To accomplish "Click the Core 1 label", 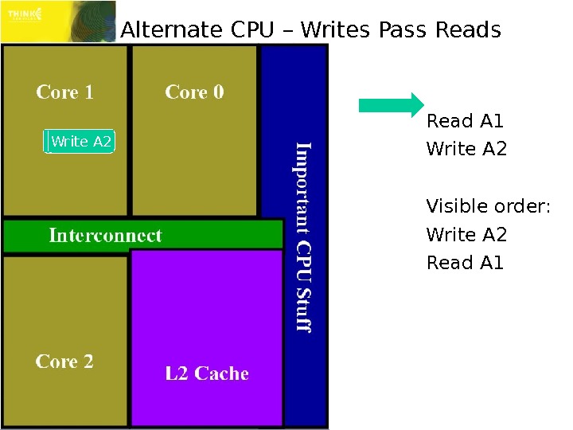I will click(64, 92).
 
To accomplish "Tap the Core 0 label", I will click(194, 92).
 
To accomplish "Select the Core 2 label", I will click(64, 362).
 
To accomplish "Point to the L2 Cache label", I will click(207, 373).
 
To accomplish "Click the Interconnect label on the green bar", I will click(105, 235).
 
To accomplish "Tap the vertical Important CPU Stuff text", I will click(303, 236).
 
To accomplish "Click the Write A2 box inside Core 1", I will click(80, 142).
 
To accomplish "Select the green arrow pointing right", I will click(391, 105).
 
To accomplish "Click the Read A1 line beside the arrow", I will click(465, 122).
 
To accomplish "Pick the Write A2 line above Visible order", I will click(466, 149).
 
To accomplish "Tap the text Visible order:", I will click(488, 207).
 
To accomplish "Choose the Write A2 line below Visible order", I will click(466, 235).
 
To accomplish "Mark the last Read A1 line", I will click(465, 263).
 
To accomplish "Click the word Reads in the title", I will click(468, 30).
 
